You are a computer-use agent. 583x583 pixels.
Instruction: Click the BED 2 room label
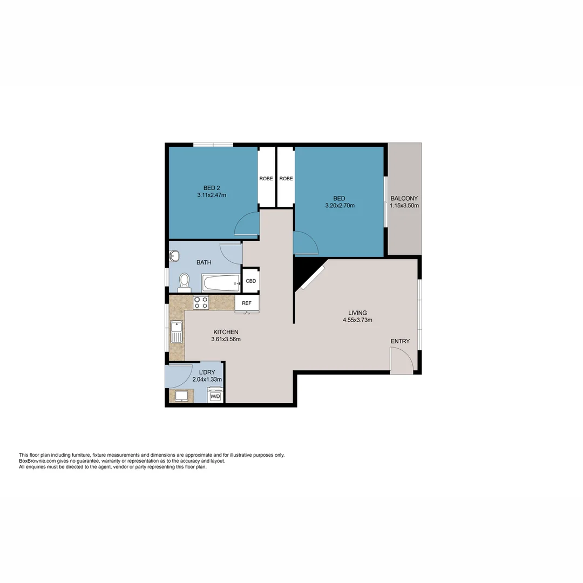pyautogui.click(x=211, y=187)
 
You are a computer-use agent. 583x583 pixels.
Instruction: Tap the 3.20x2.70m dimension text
pyautogui.click(x=340, y=206)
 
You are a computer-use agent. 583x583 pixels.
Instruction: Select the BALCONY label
pyautogui.click(x=404, y=198)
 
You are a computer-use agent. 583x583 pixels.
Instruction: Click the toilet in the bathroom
pyautogui.click(x=184, y=281)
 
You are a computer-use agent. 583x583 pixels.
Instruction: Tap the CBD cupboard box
pyautogui.click(x=251, y=281)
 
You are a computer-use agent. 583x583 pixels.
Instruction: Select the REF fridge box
pyautogui.click(x=247, y=303)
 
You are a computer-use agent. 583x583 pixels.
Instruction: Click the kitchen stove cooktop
pyautogui.click(x=201, y=303)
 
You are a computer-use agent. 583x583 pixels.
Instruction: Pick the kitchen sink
pyautogui.click(x=177, y=332)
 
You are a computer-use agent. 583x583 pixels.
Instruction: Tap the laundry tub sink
pyautogui.click(x=181, y=396)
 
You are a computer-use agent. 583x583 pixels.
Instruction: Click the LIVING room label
pyautogui.click(x=357, y=313)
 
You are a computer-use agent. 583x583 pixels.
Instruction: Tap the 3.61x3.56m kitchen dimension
pyautogui.click(x=226, y=340)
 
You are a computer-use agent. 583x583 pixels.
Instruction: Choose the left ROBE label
pyautogui.click(x=266, y=179)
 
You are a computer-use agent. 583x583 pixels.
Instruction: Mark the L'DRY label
pyautogui.click(x=207, y=372)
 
